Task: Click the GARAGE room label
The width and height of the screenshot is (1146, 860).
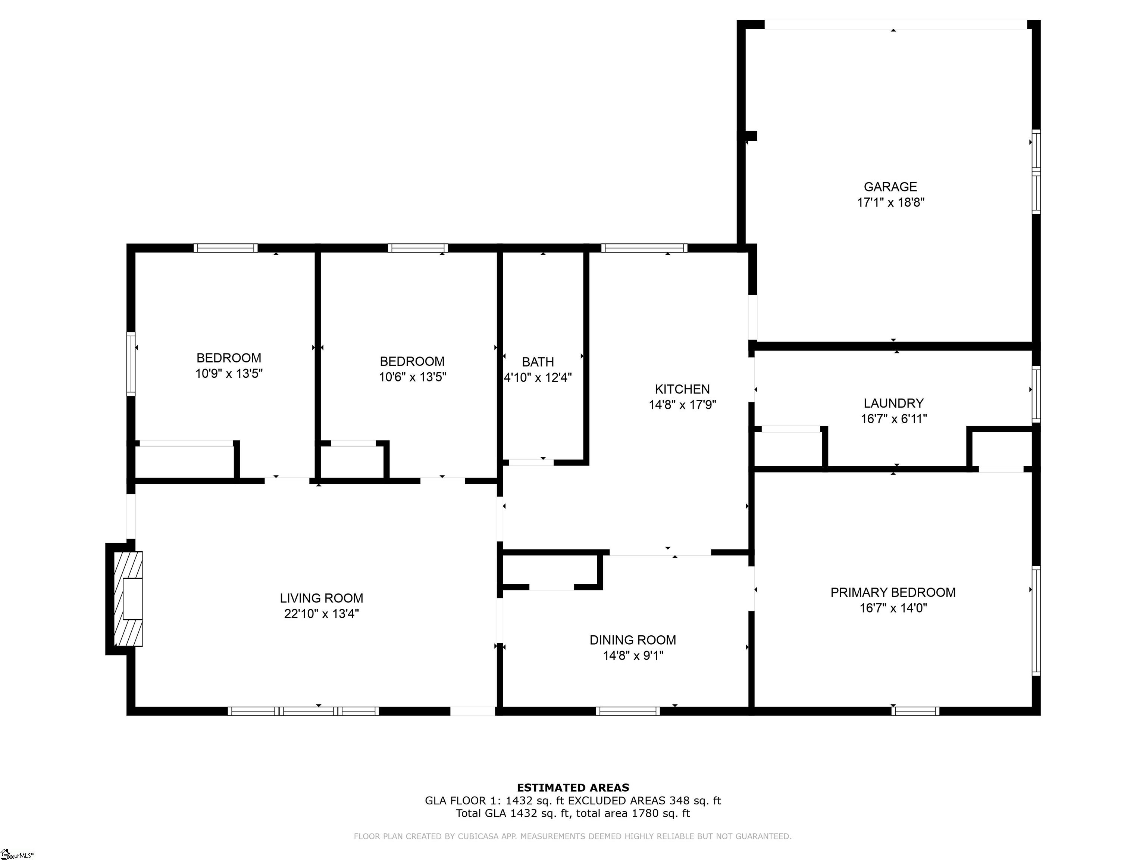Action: [x=890, y=187]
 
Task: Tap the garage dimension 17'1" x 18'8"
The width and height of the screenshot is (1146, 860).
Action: [x=890, y=203]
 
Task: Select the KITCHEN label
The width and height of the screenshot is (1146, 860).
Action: [x=682, y=389]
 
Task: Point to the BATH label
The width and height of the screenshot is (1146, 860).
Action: [x=538, y=362]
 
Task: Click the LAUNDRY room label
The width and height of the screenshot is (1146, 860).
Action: [x=894, y=403]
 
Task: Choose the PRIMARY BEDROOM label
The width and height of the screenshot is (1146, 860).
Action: [x=893, y=592]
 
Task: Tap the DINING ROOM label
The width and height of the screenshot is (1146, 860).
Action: [x=633, y=640]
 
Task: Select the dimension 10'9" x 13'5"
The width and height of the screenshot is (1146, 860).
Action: [x=229, y=374]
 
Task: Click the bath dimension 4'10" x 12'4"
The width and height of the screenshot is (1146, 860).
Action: [x=538, y=377]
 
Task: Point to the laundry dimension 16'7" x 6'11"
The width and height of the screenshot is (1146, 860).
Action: [x=894, y=419]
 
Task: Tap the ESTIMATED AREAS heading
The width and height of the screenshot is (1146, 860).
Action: [x=573, y=788]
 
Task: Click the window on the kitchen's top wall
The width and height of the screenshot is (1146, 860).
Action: [x=645, y=248]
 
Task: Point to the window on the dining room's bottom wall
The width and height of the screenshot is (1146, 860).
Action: [x=627, y=711]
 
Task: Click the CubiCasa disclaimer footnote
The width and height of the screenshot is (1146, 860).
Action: [x=573, y=836]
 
